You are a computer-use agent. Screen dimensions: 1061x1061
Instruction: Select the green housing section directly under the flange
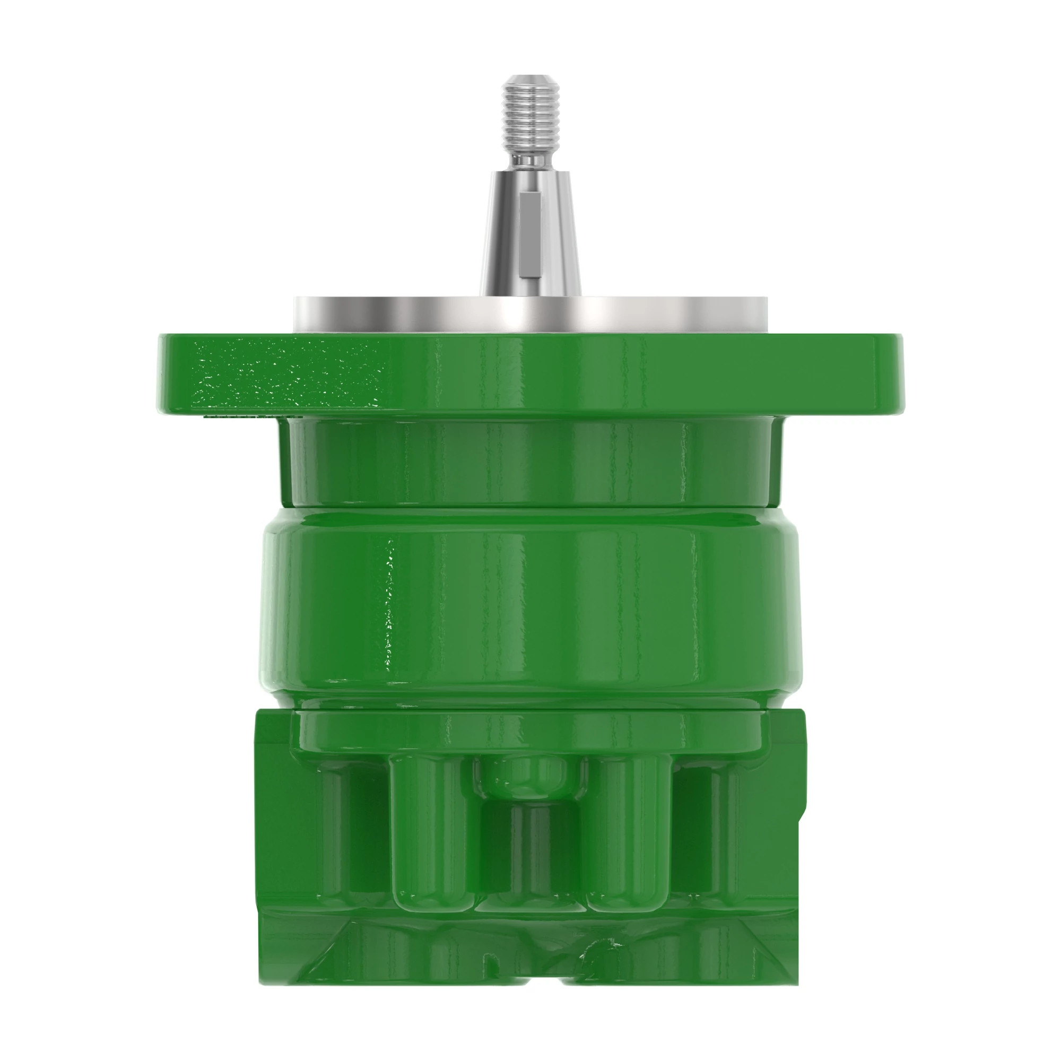(x=530, y=462)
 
